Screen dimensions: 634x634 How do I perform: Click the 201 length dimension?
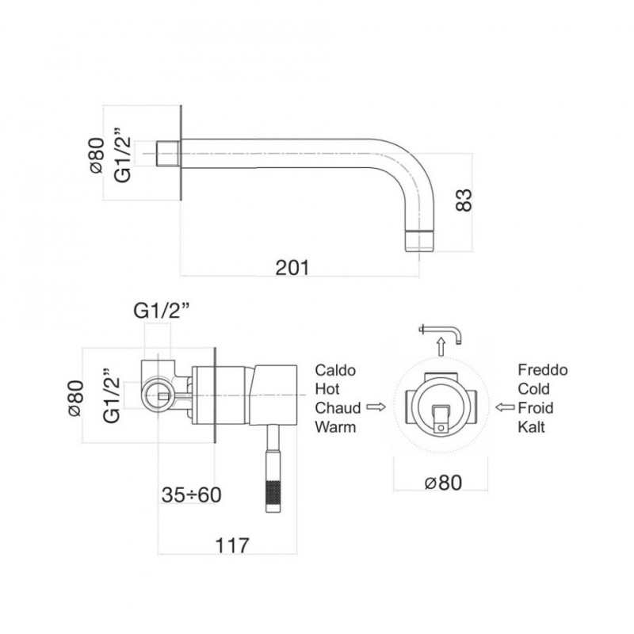point(292,267)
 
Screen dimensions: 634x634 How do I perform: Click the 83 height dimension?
point(464,200)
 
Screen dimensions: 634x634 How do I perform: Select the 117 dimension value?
point(232,545)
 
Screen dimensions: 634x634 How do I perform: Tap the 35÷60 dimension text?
point(191,495)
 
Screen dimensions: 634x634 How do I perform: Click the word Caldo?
point(335,370)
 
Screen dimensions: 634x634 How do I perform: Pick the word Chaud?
point(338,407)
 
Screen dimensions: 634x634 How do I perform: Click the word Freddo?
point(543,369)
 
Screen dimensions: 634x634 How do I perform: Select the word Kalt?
point(531,426)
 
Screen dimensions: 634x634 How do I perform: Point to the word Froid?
point(536,407)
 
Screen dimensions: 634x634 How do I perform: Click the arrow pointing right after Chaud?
point(376,407)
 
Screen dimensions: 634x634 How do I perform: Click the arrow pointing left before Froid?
point(505,407)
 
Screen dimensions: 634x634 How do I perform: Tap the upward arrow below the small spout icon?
point(441,347)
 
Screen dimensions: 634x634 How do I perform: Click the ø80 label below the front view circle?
point(443,483)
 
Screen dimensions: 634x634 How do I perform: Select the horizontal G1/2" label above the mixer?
point(162,311)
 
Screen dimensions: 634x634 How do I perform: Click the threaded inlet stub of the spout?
point(168,153)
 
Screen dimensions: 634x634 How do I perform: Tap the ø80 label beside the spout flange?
point(97,155)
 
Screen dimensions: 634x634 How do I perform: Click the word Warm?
point(335,426)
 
